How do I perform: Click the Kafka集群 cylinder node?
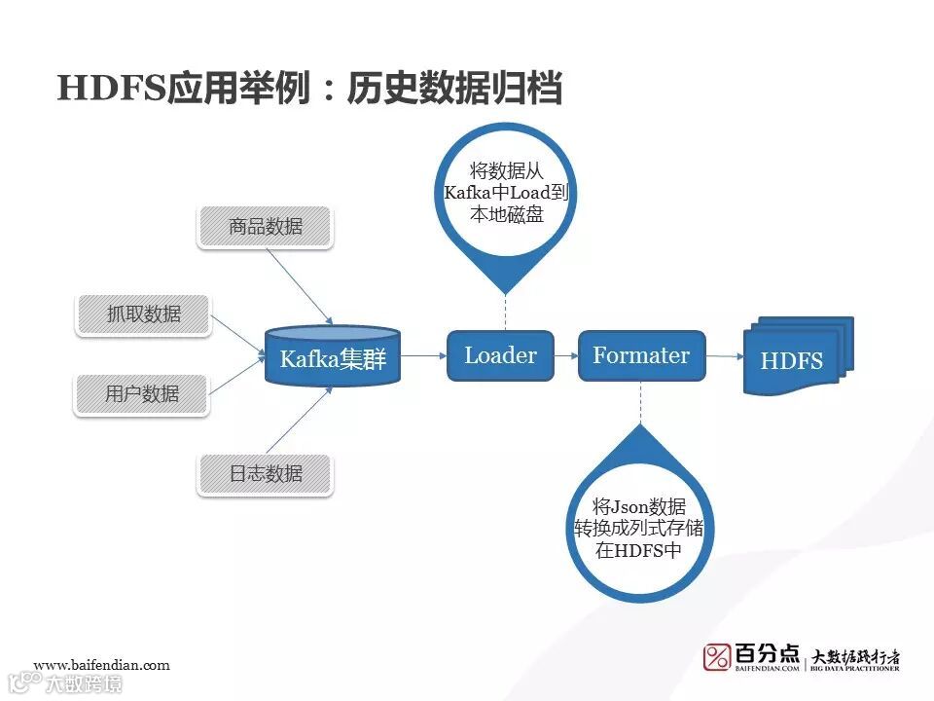coord(333,358)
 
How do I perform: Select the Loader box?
coord(500,355)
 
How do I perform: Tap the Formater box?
coord(641,355)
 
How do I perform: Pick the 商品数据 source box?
coord(266,227)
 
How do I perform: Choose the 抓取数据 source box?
coord(143,314)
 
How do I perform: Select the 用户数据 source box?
coord(143,393)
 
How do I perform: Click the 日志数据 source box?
coord(266,474)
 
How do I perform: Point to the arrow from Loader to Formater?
coord(565,355)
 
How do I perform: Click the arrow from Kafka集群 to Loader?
coord(423,356)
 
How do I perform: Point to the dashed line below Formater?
coord(640,404)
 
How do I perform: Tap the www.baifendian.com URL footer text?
coord(101,665)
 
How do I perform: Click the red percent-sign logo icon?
coord(716,657)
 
